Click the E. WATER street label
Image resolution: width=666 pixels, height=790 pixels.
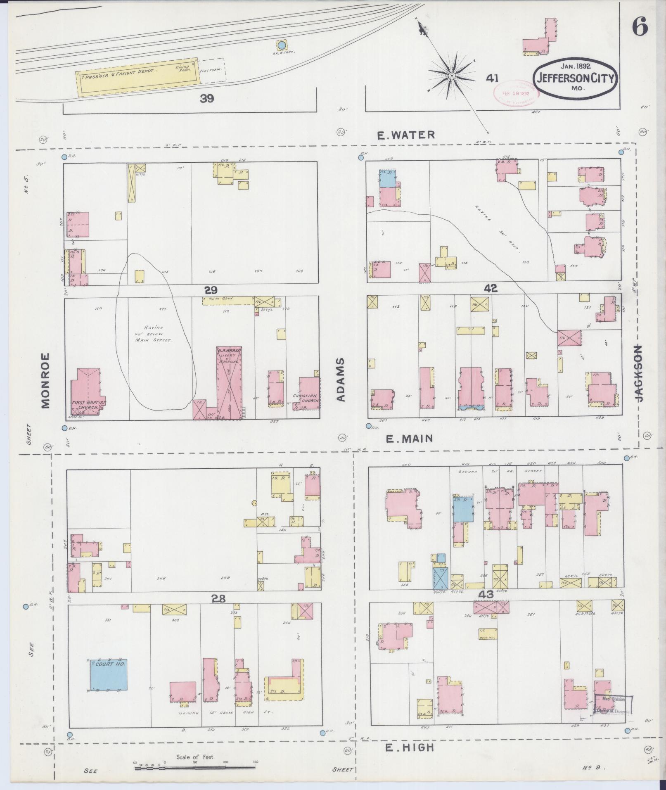(x=406, y=135)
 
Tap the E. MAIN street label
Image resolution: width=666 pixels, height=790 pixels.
(x=409, y=439)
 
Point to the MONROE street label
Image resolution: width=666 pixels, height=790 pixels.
(x=45, y=380)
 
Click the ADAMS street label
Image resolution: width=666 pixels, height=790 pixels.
(x=340, y=380)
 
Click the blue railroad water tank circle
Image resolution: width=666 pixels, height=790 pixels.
(x=281, y=45)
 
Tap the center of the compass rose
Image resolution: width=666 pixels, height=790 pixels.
(x=452, y=76)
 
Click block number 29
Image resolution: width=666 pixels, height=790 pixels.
(x=210, y=290)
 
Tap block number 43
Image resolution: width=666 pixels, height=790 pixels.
(x=486, y=594)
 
